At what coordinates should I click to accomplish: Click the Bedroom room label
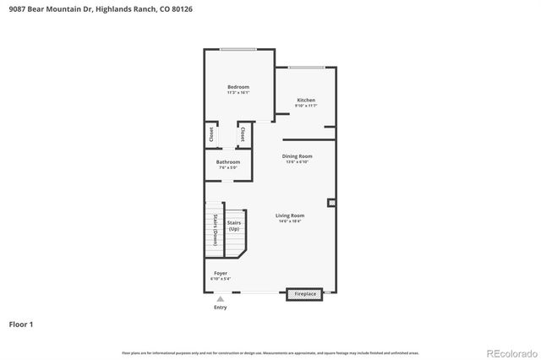tap(238, 87)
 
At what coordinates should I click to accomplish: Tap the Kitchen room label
tap(305, 100)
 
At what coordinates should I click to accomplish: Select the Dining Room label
tap(298, 156)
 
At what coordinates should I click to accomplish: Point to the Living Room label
tap(290, 215)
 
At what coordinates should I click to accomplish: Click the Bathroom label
tap(227, 161)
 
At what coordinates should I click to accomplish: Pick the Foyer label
tap(220, 273)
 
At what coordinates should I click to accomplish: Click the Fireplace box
tap(305, 294)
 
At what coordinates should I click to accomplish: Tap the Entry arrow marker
tap(220, 298)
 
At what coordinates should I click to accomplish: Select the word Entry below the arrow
tap(220, 308)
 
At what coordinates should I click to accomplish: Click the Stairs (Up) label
tap(233, 226)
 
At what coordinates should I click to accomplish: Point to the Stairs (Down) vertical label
tap(215, 229)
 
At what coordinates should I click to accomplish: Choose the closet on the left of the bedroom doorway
tap(211, 134)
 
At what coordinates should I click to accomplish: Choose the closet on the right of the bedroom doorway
tap(243, 134)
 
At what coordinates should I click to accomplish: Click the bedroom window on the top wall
tap(238, 49)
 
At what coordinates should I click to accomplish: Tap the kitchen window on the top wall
tap(305, 67)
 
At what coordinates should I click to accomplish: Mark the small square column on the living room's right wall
tap(331, 203)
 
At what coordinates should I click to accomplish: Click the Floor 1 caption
tap(21, 324)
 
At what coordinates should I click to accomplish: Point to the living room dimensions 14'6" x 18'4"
tap(290, 221)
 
